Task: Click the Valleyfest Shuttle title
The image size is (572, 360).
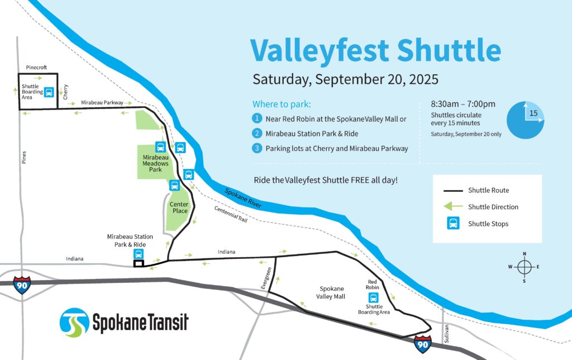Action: pyautogui.click(x=375, y=51)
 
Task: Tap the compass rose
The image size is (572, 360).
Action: pyautogui.click(x=524, y=267)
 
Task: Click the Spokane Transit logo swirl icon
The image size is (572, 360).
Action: pyautogui.click(x=74, y=323)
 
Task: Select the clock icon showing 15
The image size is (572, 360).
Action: pyautogui.click(x=525, y=120)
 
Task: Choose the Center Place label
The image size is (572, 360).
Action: pyautogui.click(x=179, y=207)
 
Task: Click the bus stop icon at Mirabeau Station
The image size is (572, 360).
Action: pyautogui.click(x=139, y=254)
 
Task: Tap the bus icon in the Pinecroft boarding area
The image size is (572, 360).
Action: pyautogui.click(x=49, y=92)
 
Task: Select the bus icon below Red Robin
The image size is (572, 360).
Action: pyautogui.click(x=374, y=297)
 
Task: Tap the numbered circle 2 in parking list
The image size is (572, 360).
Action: pyautogui.click(x=257, y=134)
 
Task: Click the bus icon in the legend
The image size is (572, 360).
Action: pyautogui.click(x=452, y=224)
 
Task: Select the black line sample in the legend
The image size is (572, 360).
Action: pyautogui.click(x=452, y=191)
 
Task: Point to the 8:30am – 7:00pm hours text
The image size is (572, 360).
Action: pyautogui.click(x=463, y=104)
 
